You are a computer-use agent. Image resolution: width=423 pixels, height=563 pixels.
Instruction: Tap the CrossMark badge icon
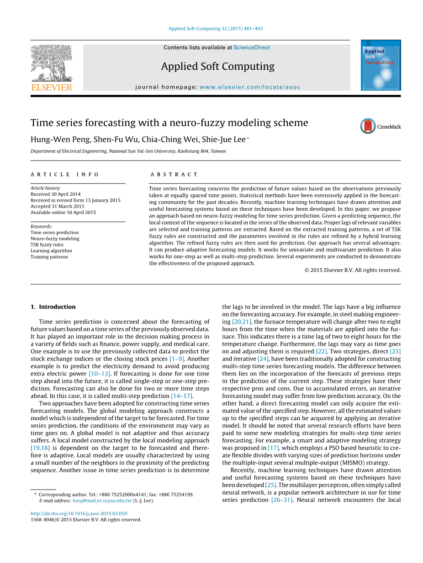click(x=368, y=126)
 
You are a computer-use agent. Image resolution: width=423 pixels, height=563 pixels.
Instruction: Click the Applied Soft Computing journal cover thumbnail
click(x=381, y=65)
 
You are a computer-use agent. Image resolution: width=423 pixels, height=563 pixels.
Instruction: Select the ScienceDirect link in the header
click(x=251, y=47)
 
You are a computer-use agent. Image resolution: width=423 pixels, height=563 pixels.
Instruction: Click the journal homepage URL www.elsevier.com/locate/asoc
click(x=250, y=87)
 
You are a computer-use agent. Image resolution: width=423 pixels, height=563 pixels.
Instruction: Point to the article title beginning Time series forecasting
click(x=169, y=123)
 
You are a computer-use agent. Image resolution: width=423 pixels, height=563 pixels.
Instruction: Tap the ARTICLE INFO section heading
click(x=65, y=174)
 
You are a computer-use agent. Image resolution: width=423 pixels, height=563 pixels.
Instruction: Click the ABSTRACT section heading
click(x=174, y=174)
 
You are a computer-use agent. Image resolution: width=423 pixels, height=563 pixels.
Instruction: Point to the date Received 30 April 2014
click(x=55, y=194)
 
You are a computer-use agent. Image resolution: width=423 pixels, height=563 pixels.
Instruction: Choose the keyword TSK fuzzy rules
click(x=47, y=245)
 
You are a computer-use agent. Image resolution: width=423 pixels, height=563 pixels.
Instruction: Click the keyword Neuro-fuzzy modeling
click(x=55, y=239)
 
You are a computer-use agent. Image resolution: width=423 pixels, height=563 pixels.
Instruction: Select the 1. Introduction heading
click(x=53, y=307)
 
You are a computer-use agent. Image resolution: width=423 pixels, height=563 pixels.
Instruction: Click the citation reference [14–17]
click(x=182, y=396)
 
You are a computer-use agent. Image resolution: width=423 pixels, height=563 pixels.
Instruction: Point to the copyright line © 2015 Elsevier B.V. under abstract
click(x=353, y=270)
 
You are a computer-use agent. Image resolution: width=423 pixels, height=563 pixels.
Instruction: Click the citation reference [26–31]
click(x=282, y=500)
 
